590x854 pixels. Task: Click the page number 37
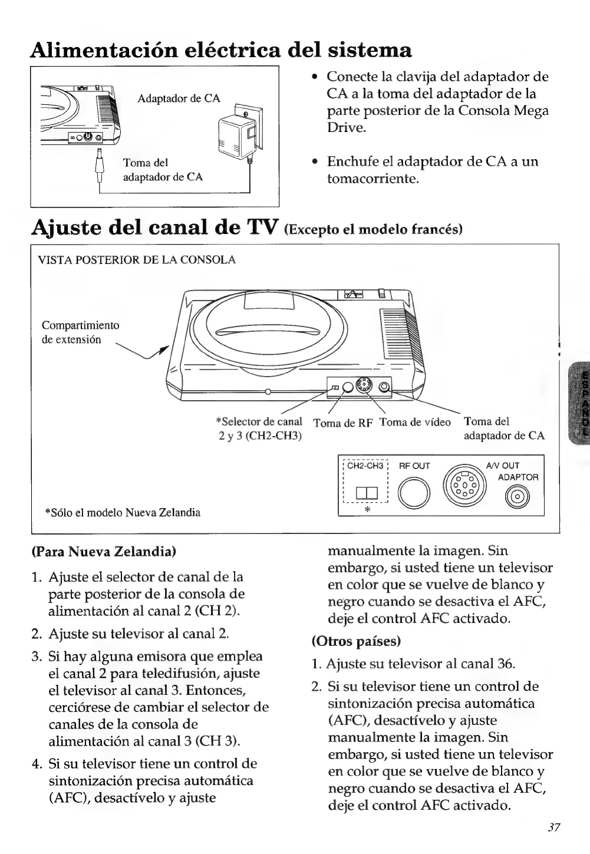click(553, 827)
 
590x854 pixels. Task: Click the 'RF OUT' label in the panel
click(415, 466)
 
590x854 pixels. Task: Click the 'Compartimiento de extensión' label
click(80, 332)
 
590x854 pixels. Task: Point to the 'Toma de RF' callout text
click(343, 423)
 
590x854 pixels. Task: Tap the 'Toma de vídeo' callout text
click(415, 422)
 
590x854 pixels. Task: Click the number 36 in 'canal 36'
click(505, 664)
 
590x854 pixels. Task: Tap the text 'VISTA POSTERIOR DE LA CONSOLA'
click(137, 260)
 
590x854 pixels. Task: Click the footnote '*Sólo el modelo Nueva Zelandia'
click(123, 512)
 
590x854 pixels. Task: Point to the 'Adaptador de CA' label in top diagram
click(179, 98)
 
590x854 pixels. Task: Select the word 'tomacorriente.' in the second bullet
click(373, 179)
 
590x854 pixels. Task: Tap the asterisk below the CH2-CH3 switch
click(367, 510)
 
